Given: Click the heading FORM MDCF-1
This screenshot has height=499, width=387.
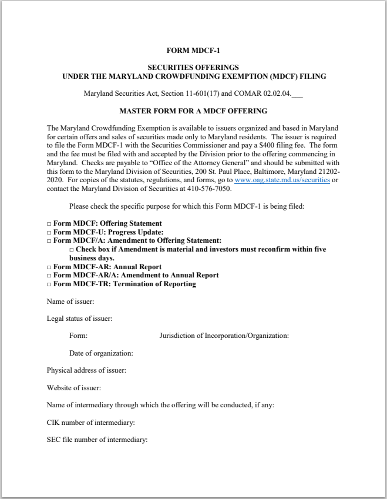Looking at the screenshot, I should coord(193,51).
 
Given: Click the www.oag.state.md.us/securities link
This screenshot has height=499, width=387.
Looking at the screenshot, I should coord(282,180).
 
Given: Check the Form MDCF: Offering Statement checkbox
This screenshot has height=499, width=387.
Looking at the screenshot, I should coord(49,224).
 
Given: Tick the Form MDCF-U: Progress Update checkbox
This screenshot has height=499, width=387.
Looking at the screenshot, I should coord(49,232).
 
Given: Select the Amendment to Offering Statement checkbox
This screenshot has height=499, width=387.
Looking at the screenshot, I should coord(49,241).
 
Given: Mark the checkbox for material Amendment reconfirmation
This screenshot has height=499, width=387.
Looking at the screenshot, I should coord(72,250).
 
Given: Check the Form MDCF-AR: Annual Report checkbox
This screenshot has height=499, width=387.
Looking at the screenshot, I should coord(49,267).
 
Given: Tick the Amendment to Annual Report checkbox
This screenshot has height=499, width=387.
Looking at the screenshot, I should coord(49,276).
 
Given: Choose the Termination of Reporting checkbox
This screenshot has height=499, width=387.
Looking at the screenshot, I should coord(49,284).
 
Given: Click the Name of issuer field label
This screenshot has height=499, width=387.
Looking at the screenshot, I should coord(70,302).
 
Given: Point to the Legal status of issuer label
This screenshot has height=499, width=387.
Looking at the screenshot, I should coord(79,319).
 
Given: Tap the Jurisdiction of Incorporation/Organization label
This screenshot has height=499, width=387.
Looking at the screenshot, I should coord(224,336).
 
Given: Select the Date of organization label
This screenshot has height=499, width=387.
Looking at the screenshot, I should coord(101,353).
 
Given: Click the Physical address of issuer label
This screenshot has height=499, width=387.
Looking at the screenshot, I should coord(86,371).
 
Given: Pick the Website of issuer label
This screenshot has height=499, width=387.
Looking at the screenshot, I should coord(74,388).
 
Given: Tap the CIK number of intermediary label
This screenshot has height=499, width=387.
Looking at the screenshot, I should coord(90,423).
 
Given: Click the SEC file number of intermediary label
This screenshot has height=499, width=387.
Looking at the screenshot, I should coord(97,440).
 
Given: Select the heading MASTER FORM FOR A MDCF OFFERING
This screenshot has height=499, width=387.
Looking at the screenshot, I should coord(193,111).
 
